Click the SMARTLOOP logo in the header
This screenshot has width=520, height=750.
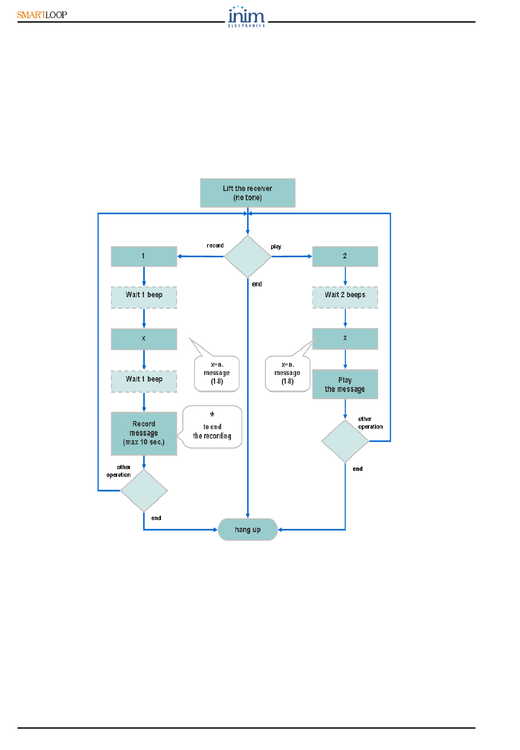(x=42, y=15)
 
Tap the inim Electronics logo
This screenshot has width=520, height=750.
(x=246, y=16)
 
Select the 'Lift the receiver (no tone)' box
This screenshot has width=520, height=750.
(x=247, y=193)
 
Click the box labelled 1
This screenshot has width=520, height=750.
(x=143, y=256)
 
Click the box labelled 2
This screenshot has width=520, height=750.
(x=345, y=256)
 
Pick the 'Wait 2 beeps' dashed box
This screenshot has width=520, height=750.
(x=345, y=297)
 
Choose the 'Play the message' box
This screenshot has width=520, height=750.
(x=345, y=384)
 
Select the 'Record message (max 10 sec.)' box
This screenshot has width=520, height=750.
(x=143, y=434)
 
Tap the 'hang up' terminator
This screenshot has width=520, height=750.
(x=247, y=530)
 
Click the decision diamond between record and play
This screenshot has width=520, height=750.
(x=247, y=256)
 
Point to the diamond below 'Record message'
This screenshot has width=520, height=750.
(x=143, y=491)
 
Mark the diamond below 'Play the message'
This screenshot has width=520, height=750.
(x=345, y=441)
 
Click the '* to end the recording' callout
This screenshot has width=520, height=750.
(x=212, y=427)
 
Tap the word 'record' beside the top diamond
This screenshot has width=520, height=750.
(x=215, y=245)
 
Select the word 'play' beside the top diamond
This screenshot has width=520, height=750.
(x=276, y=247)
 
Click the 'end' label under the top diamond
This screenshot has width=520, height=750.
(x=257, y=284)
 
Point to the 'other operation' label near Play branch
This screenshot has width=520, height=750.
(x=370, y=423)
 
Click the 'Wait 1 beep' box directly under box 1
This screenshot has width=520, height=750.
(x=143, y=297)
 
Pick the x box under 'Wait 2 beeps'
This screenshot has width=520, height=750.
(x=345, y=339)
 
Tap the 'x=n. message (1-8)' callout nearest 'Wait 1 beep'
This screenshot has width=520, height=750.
(x=217, y=373)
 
